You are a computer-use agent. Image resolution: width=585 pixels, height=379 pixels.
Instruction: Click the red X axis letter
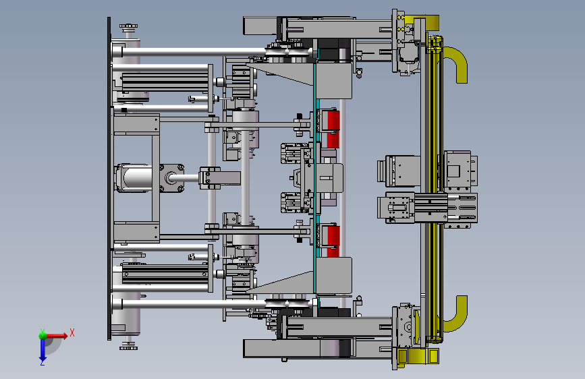point(72,332)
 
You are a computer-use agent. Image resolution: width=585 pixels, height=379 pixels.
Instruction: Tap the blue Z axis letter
point(43,362)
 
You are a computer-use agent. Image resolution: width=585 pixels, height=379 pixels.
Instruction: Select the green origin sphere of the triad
point(43,336)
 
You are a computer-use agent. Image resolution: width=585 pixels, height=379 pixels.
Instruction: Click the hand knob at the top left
point(128,27)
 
